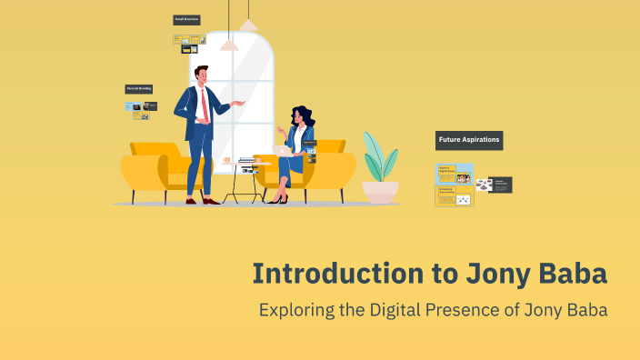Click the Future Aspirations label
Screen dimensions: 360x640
tap(469, 140)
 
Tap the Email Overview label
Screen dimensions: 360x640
tap(186, 19)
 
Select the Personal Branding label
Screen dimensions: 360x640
tap(138, 89)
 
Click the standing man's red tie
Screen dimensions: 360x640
tap(205, 105)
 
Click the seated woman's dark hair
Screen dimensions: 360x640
tap(303, 116)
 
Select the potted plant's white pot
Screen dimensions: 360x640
tap(380, 192)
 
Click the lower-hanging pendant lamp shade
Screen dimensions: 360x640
tap(230, 45)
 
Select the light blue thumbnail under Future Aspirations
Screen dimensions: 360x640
tap(455, 174)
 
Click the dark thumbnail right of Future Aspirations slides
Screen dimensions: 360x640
tap(500, 185)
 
